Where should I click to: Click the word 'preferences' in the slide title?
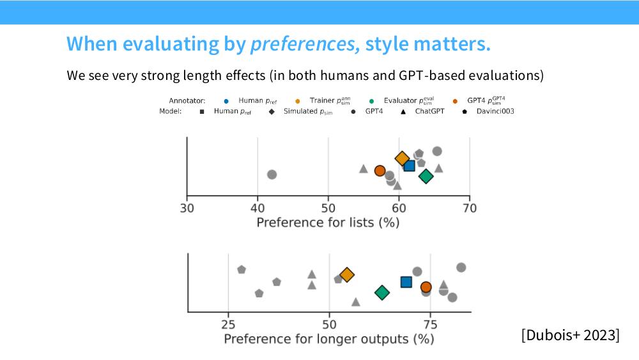coord(305,44)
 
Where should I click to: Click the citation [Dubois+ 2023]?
coord(570,335)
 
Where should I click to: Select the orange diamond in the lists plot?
coord(402,159)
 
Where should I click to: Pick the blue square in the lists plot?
coord(409,166)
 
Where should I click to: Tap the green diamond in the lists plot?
coord(426,176)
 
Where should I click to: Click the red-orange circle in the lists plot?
coord(380,171)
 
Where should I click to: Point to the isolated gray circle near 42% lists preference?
coord(272,175)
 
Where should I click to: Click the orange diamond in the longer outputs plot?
coord(347,275)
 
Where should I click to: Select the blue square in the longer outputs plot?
coord(406,282)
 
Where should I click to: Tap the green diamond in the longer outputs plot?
coord(382,292)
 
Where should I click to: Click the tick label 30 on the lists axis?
coord(187,208)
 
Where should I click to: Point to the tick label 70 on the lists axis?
coord(470,208)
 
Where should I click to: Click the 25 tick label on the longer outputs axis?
coord(228,325)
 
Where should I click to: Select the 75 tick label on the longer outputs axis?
coord(430,325)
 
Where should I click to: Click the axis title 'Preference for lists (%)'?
coord(328,223)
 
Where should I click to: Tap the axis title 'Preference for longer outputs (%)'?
coord(329,339)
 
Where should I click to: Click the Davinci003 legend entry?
coord(489,111)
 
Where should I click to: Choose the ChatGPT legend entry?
coord(422,111)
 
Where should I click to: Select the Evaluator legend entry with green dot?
coord(402,100)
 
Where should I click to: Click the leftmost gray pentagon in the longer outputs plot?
coord(242,269)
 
